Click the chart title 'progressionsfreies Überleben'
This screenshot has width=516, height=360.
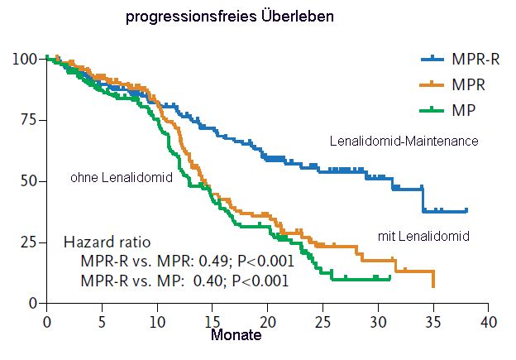[x=230, y=16]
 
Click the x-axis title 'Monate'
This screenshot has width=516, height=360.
[x=236, y=336]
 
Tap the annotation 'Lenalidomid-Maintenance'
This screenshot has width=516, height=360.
[x=404, y=142]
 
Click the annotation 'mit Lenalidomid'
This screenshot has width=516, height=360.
[x=423, y=237]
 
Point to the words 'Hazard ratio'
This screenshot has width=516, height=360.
[x=106, y=242]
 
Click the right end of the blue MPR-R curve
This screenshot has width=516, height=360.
[x=466, y=210]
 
